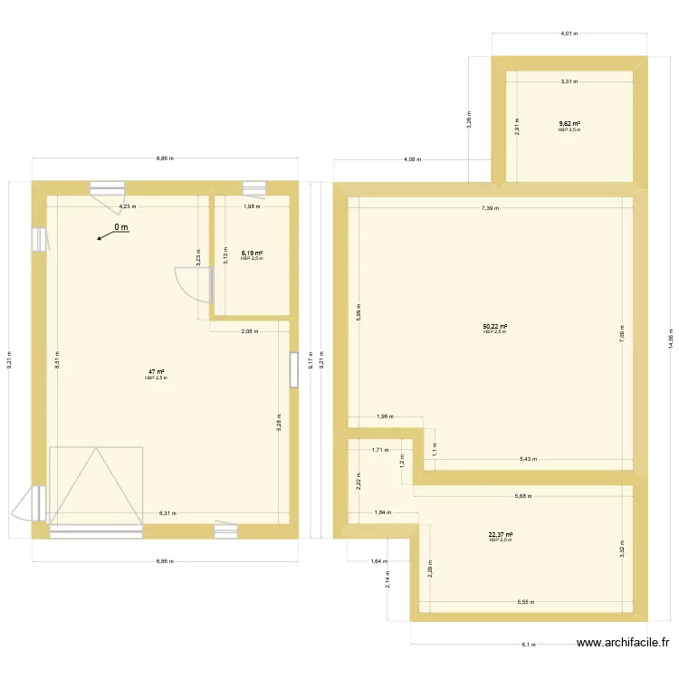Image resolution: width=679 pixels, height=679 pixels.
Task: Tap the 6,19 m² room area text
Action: tap(252, 253)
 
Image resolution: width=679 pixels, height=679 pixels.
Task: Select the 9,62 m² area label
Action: tap(569, 124)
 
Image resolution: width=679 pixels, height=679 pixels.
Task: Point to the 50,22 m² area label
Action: tap(494, 327)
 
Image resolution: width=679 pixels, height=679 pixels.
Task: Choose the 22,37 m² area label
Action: tap(501, 535)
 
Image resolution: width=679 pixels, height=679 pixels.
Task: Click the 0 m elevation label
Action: tap(121, 228)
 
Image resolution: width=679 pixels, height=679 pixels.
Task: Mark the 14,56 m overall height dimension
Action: tap(671, 335)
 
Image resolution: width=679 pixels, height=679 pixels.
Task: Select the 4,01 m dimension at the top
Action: tap(568, 33)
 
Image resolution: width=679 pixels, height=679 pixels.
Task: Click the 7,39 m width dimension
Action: tap(491, 208)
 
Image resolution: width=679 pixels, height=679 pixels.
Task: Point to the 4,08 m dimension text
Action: tap(411, 160)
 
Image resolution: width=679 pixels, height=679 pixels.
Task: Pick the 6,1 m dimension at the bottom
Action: tap(529, 645)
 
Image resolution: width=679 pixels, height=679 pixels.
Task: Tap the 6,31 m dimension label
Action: tap(167, 513)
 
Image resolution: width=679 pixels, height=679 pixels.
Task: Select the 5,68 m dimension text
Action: tap(523, 495)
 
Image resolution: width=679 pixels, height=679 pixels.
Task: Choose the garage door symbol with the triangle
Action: tap(95, 485)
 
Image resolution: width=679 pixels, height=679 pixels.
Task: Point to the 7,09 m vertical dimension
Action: tap(621, 334)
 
